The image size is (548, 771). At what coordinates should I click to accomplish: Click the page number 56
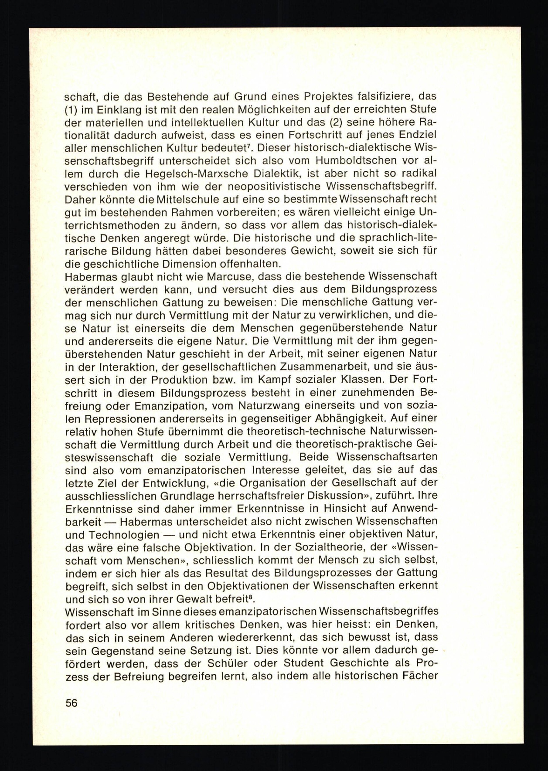71,703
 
